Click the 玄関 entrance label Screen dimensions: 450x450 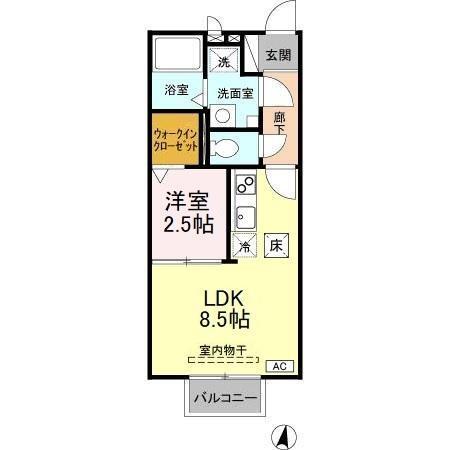click(277, 56)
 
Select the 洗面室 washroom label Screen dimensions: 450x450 click(235, 93)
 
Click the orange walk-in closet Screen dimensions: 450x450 click(176, 138)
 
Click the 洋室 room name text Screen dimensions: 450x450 click(189, 201)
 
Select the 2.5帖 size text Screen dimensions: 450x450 click(189, 224)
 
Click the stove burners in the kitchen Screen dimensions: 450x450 click(244, 187)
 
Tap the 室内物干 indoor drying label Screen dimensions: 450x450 click(224, 351)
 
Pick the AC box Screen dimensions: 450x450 click(283, 367)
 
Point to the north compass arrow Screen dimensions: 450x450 click(284, 434)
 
